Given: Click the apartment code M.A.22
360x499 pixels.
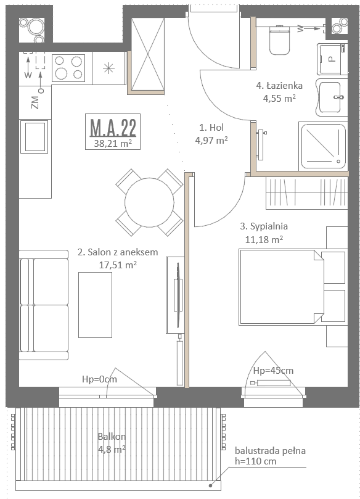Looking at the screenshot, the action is [113, 127].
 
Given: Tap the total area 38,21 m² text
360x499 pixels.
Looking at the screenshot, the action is [113, 144].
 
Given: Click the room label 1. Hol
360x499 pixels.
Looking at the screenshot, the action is [211, 128].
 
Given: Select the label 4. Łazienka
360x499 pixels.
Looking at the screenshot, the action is [279, 86].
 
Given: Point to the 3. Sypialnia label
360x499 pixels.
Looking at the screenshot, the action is [264, 226].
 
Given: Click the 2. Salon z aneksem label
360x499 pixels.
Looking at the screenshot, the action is [118, 252].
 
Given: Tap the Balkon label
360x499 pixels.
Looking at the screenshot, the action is [112, 436].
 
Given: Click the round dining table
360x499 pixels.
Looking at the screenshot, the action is [149, 202].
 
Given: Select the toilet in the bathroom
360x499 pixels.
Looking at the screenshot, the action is [279, 40].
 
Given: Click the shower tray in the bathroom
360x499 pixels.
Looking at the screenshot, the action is [323, 146].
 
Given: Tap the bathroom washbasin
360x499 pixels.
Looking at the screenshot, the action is [332, 97].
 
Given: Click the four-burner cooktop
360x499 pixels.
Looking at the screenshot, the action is [68, 68].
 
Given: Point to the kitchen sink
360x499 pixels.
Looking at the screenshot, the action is [35, 137].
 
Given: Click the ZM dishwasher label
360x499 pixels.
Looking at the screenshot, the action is [35, 102].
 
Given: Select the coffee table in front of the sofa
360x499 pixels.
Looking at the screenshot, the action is [95, 305].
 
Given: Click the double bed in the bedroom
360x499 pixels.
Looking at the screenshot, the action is [282, 287].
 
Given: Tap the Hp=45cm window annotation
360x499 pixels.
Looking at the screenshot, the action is [273, 371].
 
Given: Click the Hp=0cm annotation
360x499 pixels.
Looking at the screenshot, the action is [99, 379].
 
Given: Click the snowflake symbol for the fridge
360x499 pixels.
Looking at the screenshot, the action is [108, 68].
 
